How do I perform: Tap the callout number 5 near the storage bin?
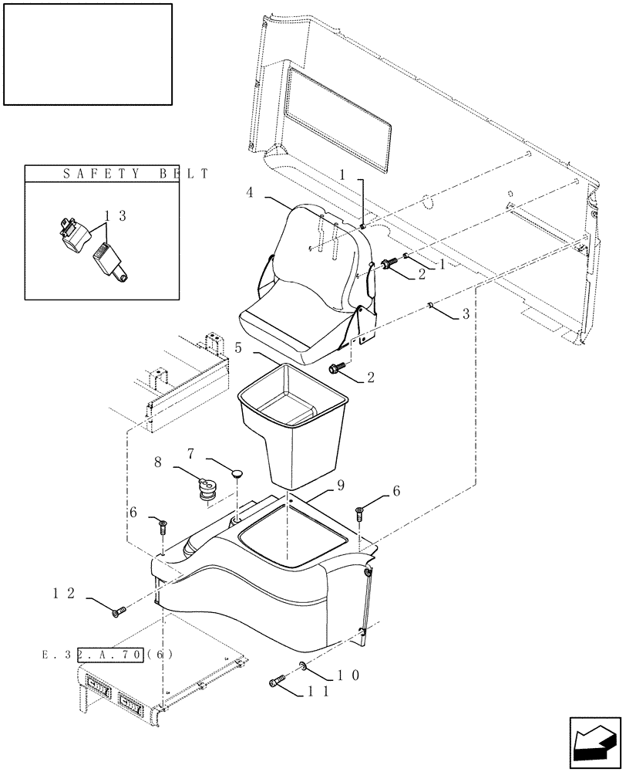click(239, 348)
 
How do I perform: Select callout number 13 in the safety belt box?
click(117, 218)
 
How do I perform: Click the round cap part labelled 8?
click(207, 489)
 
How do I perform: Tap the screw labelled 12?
click(119, 612)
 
